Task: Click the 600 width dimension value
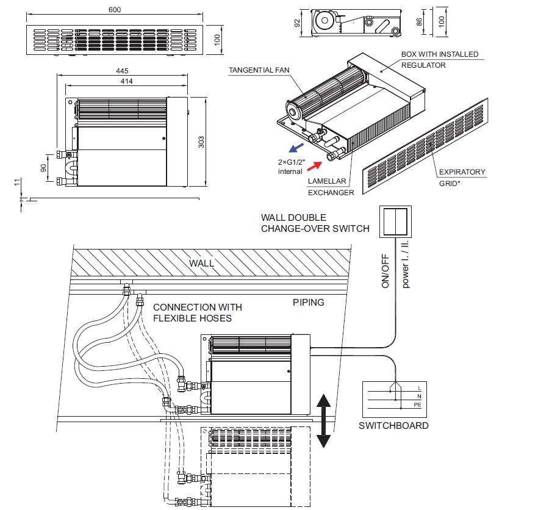coord(115,10)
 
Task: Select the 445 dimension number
coord(122,71)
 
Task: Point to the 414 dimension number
coord(126,81)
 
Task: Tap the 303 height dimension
coord(201,142)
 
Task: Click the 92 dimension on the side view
coord(297,23)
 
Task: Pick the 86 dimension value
coord(419,22)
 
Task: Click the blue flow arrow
coord(296,148)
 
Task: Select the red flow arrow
coord(314,166)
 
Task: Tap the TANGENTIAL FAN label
coord(259,70)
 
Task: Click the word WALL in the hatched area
coord(201,263)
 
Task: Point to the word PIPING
coord(309,302)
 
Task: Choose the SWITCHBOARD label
coord(393,425)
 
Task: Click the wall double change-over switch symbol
coord(395,222)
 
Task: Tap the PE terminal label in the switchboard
coord(418,405)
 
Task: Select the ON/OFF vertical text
coord(385,271)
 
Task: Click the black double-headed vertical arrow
coord(323,421)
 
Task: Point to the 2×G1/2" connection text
coord(292,162)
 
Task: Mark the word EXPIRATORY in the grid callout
coord(462,172)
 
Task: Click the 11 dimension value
coord(17,182)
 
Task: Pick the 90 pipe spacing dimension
coord(43,168)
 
